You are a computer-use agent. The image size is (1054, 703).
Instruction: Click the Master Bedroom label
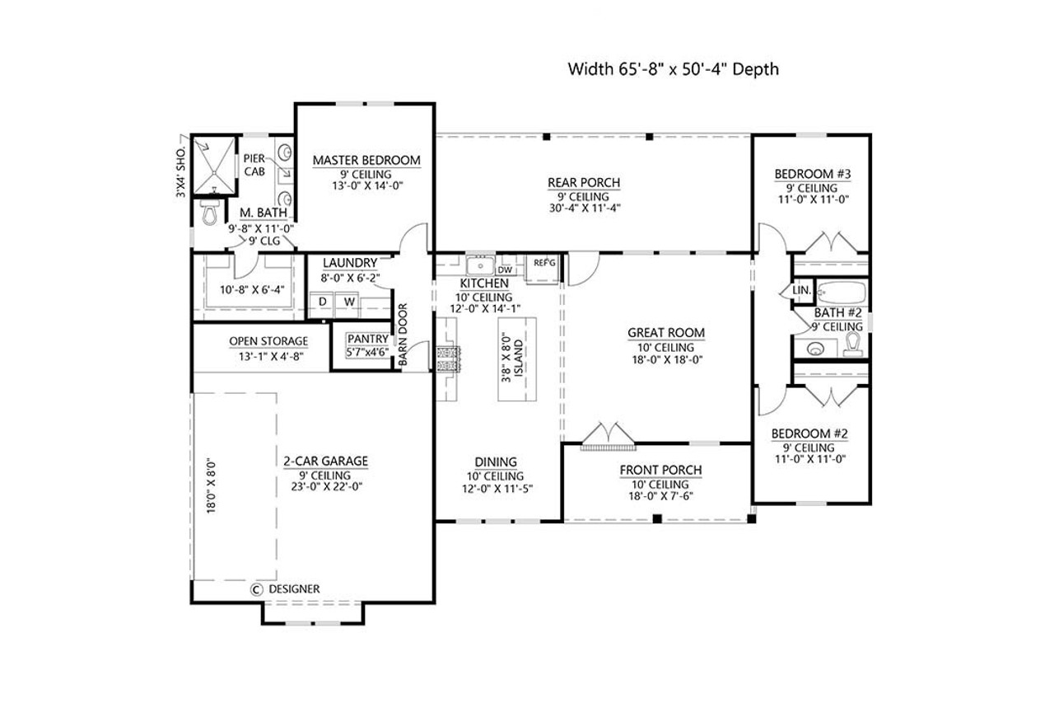tap(366, 160)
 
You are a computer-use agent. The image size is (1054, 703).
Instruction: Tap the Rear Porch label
tap(584, 182)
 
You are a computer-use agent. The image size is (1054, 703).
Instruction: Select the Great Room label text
tap(666, 333)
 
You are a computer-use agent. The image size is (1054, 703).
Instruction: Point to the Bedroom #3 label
tap(812, 174)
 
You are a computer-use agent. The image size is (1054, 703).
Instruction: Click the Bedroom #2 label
tap(809, 434)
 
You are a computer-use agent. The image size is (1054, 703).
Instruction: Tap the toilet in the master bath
tap(209, 214)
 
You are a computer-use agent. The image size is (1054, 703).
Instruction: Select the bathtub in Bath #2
tap(840, 292)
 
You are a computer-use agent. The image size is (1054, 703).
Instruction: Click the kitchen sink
tap(478, 266)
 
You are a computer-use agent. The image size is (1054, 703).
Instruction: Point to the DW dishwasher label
tap(506, 269)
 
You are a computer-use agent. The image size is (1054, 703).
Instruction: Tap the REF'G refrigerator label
tap(544, 263)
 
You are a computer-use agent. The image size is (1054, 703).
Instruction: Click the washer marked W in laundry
tap(350, 302)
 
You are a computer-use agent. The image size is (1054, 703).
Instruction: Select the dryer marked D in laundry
tap(323, 302)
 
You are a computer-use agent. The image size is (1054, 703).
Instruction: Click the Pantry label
tap(367, 339)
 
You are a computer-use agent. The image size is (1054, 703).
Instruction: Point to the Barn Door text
tap(403, 336)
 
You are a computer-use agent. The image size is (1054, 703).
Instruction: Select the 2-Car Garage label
tap(324, 462)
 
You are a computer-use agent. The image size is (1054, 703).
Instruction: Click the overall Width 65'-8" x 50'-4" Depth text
tap(673, 69)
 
